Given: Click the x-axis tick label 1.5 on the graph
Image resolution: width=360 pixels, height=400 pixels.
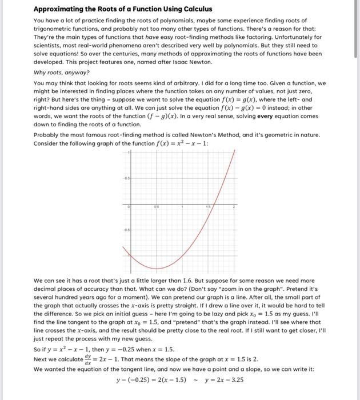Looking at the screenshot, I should [210, 209].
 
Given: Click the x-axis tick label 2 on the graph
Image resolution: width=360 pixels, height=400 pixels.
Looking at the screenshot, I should [234, 209].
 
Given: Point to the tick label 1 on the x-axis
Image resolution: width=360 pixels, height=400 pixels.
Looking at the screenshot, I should [182, 209].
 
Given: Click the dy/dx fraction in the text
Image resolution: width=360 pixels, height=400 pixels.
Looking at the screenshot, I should [86, 358].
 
